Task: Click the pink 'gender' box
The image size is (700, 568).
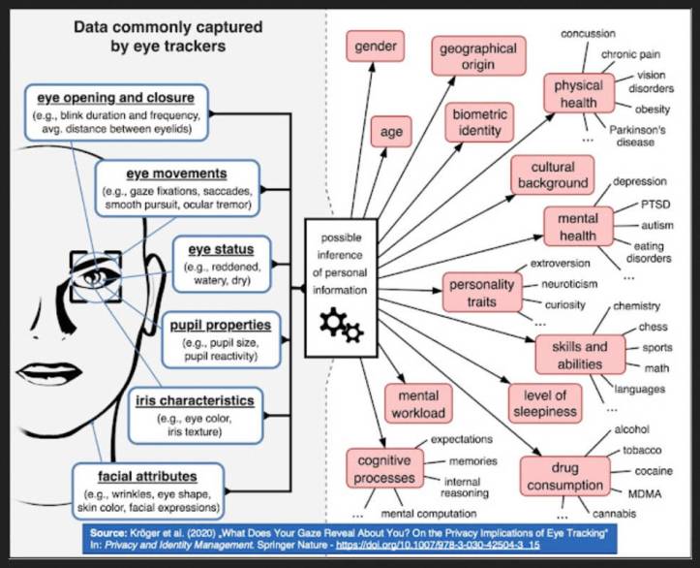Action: [x=375, y=47]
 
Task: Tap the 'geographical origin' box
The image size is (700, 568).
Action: [x=477, y=56]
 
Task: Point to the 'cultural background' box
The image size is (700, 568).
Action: [x=552, y=175]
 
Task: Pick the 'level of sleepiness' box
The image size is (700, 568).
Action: [x=546, y=401]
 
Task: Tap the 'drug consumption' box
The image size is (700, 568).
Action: [x=563, y=476]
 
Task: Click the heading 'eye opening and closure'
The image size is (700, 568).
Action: [x=116, y=98]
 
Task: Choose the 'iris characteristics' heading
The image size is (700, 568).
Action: [x=195, y=399]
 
